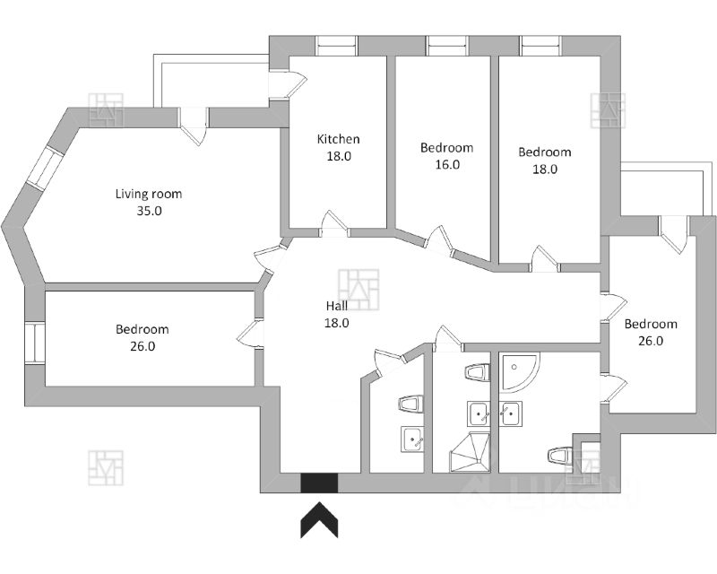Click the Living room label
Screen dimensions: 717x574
[149, 194]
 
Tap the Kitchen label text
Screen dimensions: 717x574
[339, 139]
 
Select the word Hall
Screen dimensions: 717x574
[337, 306]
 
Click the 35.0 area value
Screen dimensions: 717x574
[149, 212]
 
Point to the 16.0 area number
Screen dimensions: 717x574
[447, 164]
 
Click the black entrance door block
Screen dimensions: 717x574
[318, 483]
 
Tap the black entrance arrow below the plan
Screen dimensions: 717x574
[318, 520]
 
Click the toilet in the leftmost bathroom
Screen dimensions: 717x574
[410, 404]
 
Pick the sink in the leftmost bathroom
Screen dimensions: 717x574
[413, 439]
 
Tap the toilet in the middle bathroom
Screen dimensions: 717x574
[476, 372]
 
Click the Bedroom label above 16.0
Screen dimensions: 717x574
[447, 148]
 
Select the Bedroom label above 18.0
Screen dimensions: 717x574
[545, 152]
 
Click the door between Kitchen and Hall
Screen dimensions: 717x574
[334, 226]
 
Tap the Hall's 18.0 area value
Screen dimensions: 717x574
[337, 323]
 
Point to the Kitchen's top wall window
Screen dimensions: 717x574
[336, 44]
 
